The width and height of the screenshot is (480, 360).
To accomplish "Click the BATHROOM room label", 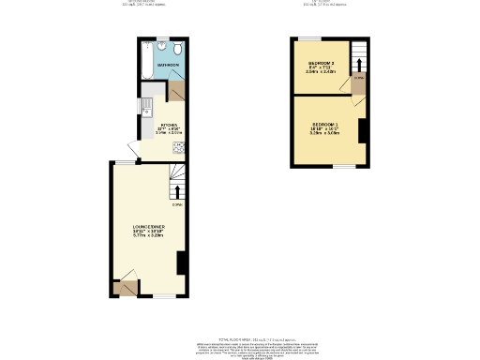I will click(x=168, y=65).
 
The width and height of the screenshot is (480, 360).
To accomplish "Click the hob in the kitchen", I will click(x=178, y=146).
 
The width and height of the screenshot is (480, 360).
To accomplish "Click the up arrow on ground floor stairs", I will click(x=178, y=192).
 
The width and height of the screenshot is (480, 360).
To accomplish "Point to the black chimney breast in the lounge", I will click(x=182, y=262).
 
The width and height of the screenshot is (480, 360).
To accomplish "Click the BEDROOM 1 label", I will click(x=325, y=125).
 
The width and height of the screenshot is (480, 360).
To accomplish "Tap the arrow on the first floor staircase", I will click(x=358, y=66).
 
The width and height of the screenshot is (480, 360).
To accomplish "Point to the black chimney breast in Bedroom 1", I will click(x=362, y=130).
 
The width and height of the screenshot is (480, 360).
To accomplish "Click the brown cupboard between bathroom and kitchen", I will click(x=176, y=91).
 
